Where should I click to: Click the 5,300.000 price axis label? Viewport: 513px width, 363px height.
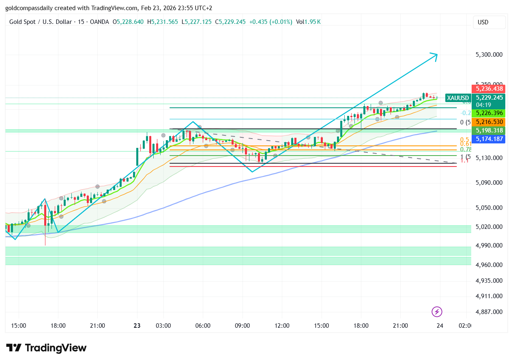(x=489, y=54)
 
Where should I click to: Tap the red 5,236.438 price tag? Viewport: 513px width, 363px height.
(x=489, y=89)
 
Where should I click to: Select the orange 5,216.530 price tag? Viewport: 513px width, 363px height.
(x=489, y=122)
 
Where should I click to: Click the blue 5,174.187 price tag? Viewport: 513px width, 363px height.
(x=489, y=139)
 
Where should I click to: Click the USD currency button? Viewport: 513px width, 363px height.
(x=489, y=22)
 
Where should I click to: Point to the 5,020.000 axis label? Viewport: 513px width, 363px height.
(x=489, y=226)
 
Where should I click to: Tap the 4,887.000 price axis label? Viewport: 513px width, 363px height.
(x=489, y=312)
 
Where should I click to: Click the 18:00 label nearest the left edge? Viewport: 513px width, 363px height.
(x=58, y=326)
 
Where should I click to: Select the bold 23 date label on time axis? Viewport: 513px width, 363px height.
(x=137, y=326)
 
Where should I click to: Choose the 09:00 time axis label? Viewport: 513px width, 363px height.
(x=243, y=326)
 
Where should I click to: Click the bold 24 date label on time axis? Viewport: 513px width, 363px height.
(x=440, y=326)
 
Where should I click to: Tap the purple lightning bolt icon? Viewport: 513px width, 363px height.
(x=437, y=312)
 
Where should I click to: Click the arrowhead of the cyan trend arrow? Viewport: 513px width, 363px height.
(x=435, y=56)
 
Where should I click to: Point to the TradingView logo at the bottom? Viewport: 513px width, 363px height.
(x=46, y=348)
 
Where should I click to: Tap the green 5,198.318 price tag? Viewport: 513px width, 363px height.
(x=489, y=130)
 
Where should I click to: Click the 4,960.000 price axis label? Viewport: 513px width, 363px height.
(x=489, y=265)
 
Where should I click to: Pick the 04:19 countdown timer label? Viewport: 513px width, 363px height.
(x=483, y=105)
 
